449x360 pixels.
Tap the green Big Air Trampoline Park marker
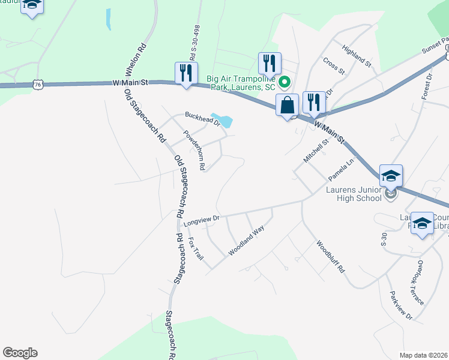click(x=286, y=82)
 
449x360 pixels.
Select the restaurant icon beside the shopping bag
click(x=313, y=102)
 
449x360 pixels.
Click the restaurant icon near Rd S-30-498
click(x=186, y=73)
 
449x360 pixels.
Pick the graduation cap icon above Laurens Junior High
click(x=391, y=176)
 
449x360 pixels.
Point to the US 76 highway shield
click(x=38, y=86)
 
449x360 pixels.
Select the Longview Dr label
click(x=202, y=220)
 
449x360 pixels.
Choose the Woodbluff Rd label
click(x=330, y=257)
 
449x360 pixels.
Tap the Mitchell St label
click(x=316, y=151)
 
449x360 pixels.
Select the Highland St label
click(x=357, y=55)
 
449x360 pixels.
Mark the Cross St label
click(x=334, y=65)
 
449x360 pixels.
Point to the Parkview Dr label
click(x=401, y=305)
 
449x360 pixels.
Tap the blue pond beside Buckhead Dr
click(x=223, y=121)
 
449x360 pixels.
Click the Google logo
click(x=20, y=353)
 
